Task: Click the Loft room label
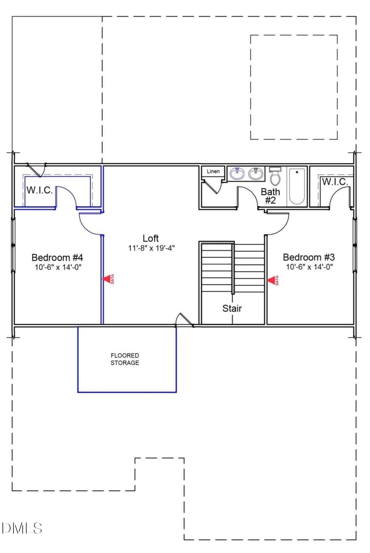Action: coord(150,238)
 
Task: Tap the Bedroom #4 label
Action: coord(57,257)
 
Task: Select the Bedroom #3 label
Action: coord(308,257)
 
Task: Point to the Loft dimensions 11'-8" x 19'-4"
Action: coord(151,248)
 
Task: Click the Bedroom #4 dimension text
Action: coord(57,267)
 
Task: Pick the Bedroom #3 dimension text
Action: coord(309,267)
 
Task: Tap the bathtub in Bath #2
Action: coord(296,186)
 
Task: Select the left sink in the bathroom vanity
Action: coord(238,174)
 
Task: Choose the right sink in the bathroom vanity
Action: coord(255,174)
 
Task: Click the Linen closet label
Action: coord(213,172)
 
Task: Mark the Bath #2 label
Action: coord(271,196)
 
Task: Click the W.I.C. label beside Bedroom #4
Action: coord(39,190)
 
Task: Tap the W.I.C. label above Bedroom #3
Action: coord(335,182)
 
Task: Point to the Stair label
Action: coord(232,308)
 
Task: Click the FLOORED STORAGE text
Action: coord(124,359)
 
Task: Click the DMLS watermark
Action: coord(22,528)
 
